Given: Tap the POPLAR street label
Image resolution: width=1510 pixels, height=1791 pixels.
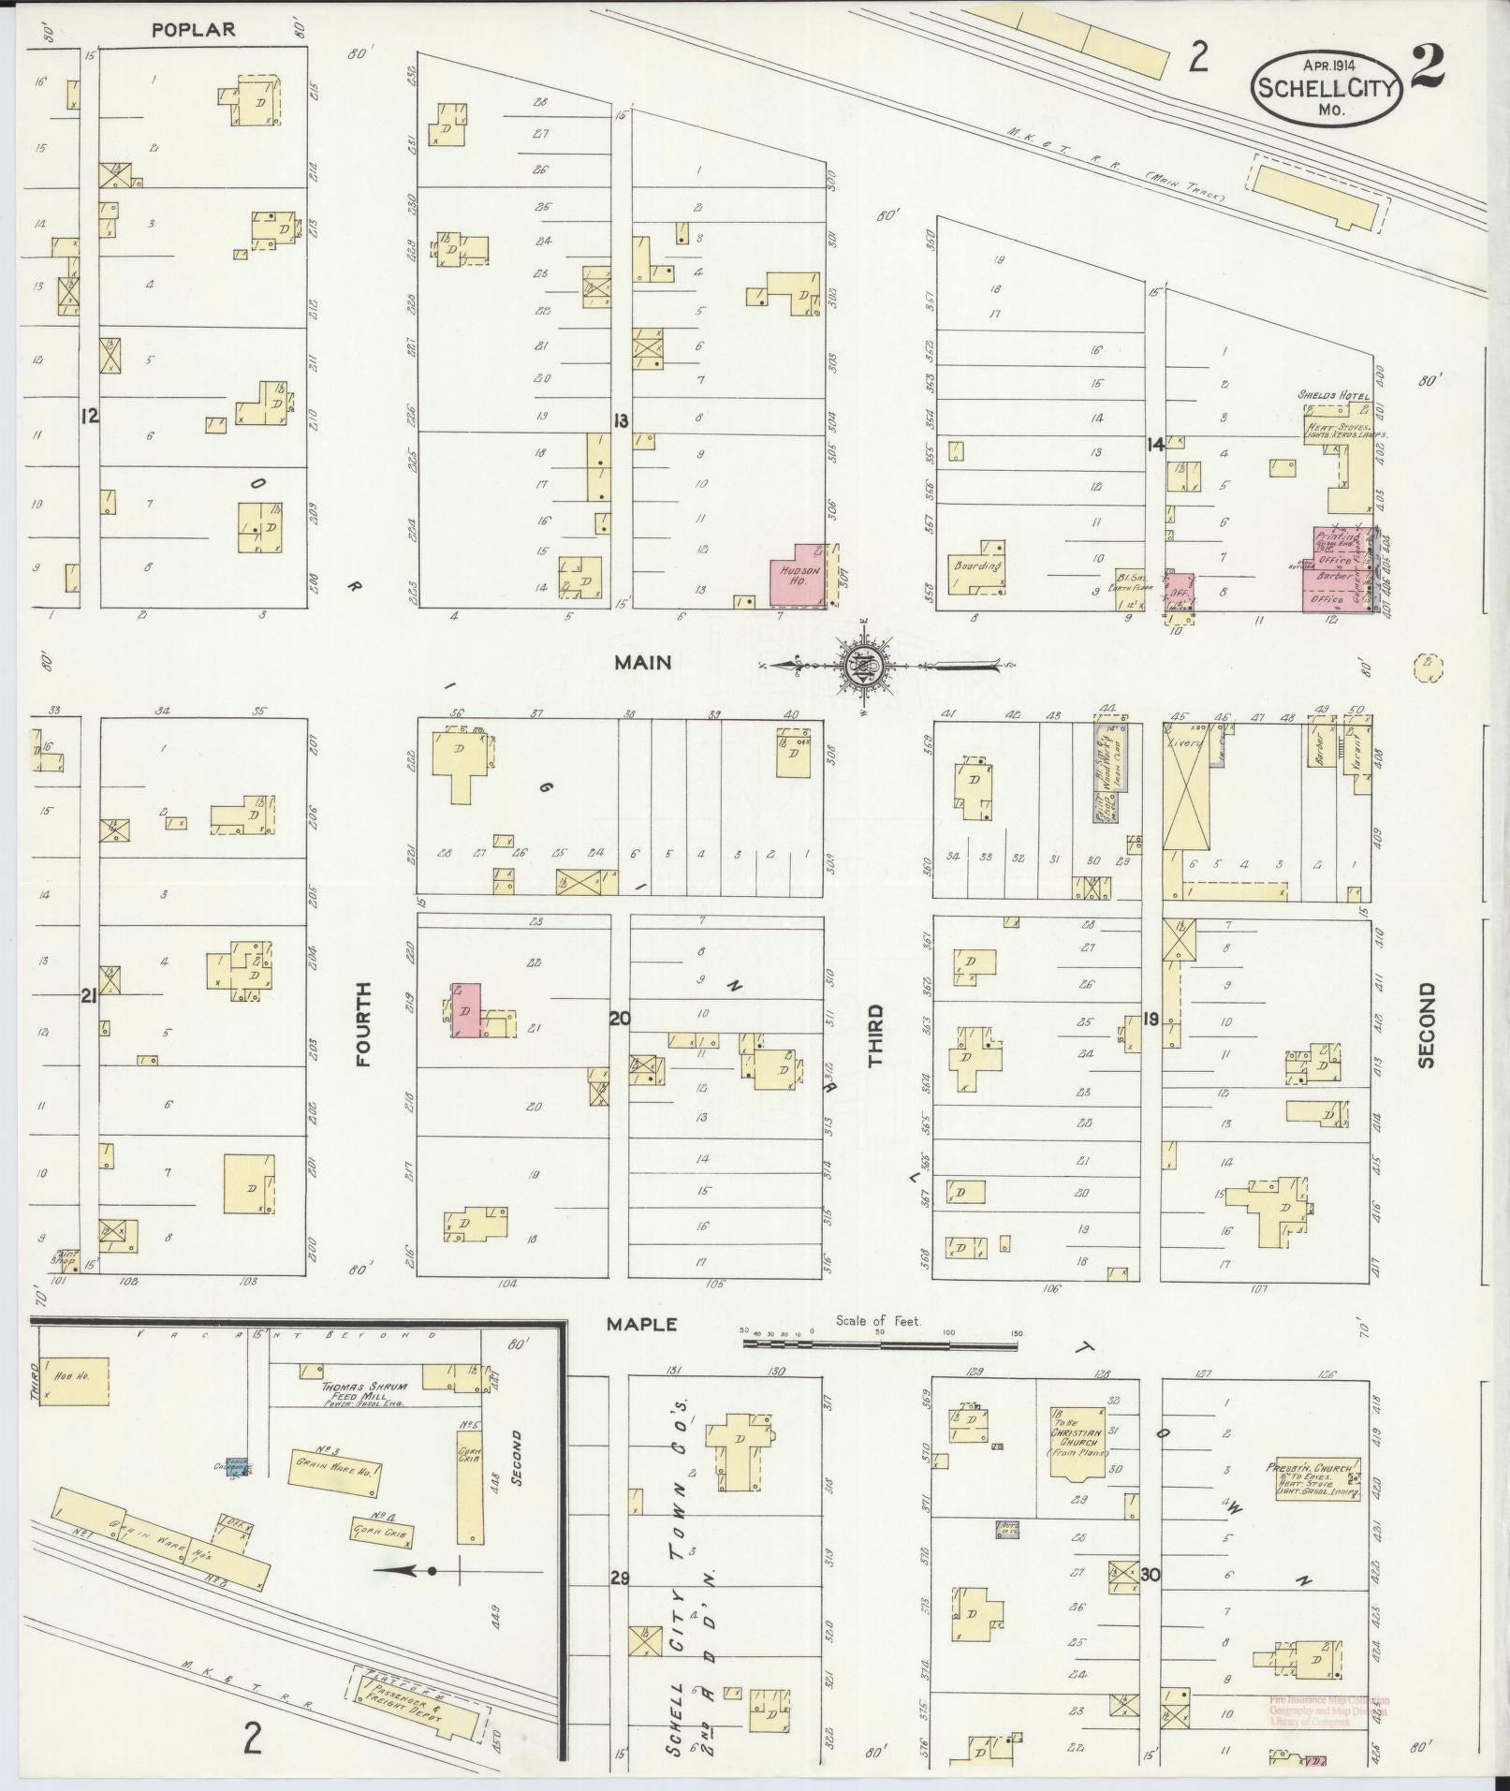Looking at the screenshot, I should click(x=194, y=30).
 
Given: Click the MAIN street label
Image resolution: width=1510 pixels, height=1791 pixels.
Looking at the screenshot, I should click(x=642, y=662).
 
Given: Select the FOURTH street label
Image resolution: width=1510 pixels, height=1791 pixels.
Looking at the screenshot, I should click(x=364, y=1023).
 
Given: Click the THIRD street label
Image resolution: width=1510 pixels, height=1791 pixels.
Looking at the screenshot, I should click(x=875, y=1035).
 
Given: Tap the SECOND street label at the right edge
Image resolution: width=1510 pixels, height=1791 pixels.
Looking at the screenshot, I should click(x=1426, y=1024).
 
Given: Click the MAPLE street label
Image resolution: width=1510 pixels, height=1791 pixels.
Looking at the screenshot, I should click(x=641, y=1324).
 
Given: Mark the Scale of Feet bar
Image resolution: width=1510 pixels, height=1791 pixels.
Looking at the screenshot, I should click(x=879, y=1343).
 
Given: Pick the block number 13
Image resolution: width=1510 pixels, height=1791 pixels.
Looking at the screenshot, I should click(x=620, y=420).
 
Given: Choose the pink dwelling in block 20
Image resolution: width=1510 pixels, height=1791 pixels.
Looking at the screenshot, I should click(x=465, y=1010).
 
